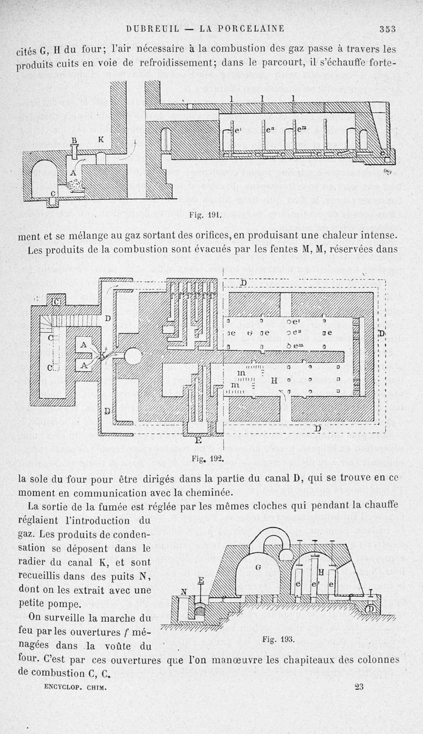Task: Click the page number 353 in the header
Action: click(388, 29)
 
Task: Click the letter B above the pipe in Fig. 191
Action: click(74, 140)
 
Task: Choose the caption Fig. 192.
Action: click(203, 460)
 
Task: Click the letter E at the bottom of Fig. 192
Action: click(198, 440)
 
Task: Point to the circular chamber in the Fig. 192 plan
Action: click(133, 356)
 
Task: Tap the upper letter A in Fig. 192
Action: click(83, 345)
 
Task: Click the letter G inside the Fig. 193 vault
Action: click(259, 567)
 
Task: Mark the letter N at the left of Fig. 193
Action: click(183, 592)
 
